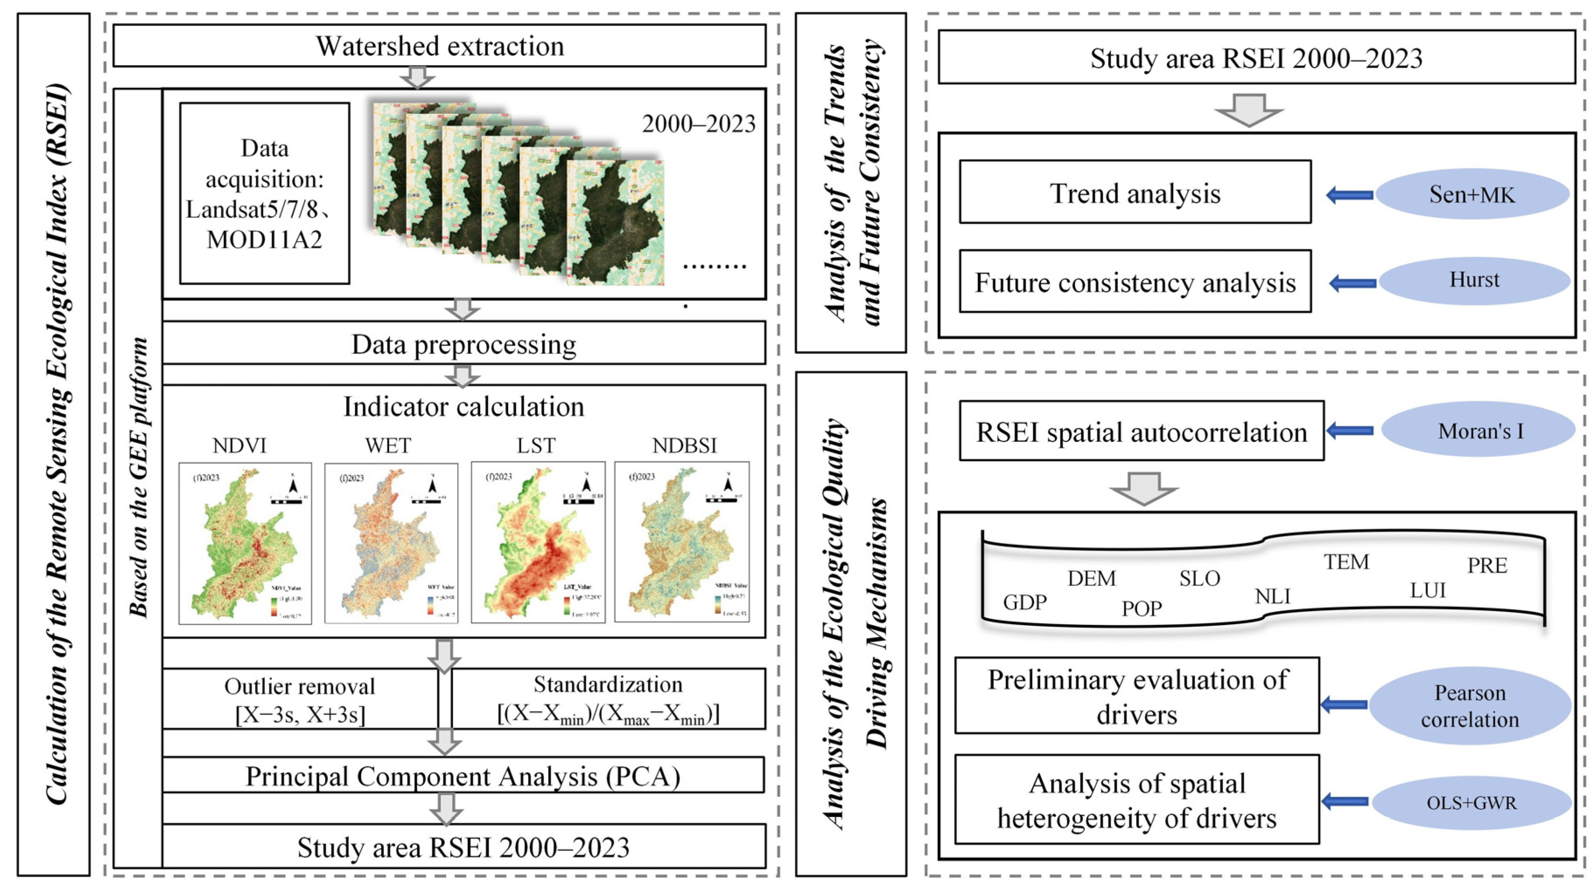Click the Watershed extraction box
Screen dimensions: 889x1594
439,46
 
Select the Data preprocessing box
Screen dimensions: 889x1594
463,344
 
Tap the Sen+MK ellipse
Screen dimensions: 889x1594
1472,194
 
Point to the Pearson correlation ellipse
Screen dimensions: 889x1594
1470,706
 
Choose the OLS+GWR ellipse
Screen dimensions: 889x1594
1472,802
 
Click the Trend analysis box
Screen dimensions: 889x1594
1135,192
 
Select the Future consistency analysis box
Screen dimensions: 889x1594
1135,282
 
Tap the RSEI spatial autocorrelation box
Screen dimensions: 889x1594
1141,431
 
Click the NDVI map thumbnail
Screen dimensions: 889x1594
245,542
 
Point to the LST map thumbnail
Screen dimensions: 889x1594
538,542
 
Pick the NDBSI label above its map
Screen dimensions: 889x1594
684,445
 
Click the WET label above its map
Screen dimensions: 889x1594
388,445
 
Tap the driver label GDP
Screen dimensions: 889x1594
1025,602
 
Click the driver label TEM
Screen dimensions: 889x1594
1347,562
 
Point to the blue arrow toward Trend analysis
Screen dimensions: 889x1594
1350,195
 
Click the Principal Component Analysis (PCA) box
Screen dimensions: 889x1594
463,775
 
